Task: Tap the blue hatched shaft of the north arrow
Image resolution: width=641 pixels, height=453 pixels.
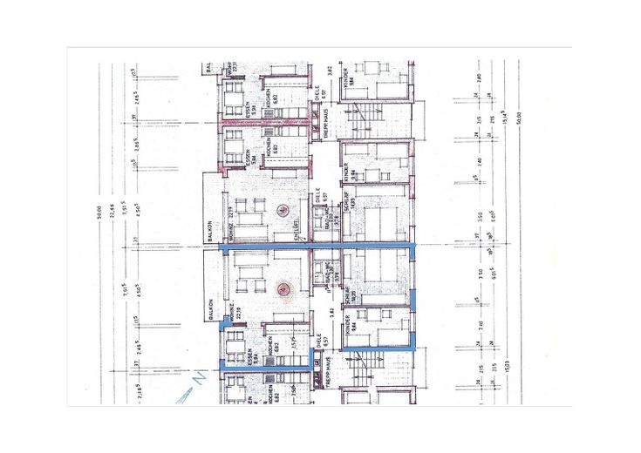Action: pos(186,396)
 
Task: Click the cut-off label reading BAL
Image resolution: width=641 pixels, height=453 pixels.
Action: pos(209,66)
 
